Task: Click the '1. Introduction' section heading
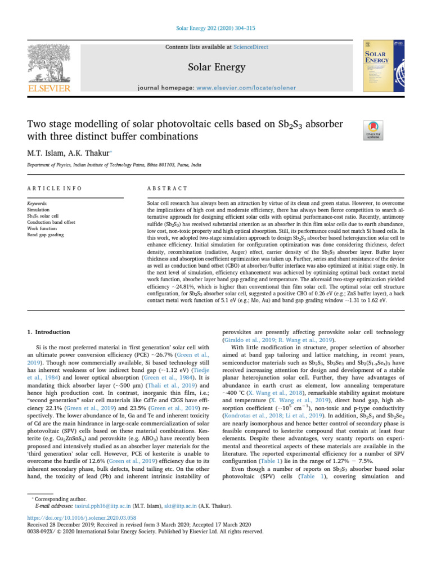[48, 332]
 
